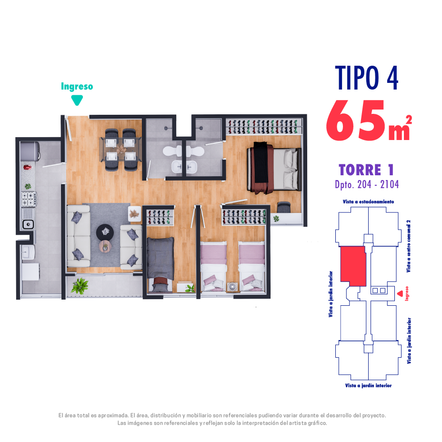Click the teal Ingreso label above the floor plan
77,87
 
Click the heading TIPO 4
366,78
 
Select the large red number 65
356,121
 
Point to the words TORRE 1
366,170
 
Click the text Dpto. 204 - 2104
367,185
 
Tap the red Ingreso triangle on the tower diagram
400,293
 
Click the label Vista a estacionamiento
369,201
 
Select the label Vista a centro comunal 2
409,246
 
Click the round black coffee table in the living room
105,232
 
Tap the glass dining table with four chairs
121,150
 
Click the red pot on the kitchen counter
27,167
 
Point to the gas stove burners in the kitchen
29,199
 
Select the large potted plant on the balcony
80,286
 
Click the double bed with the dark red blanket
274,169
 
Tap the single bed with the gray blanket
161,264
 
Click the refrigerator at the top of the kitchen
30,151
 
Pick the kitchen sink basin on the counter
28,224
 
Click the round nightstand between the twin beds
232,287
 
